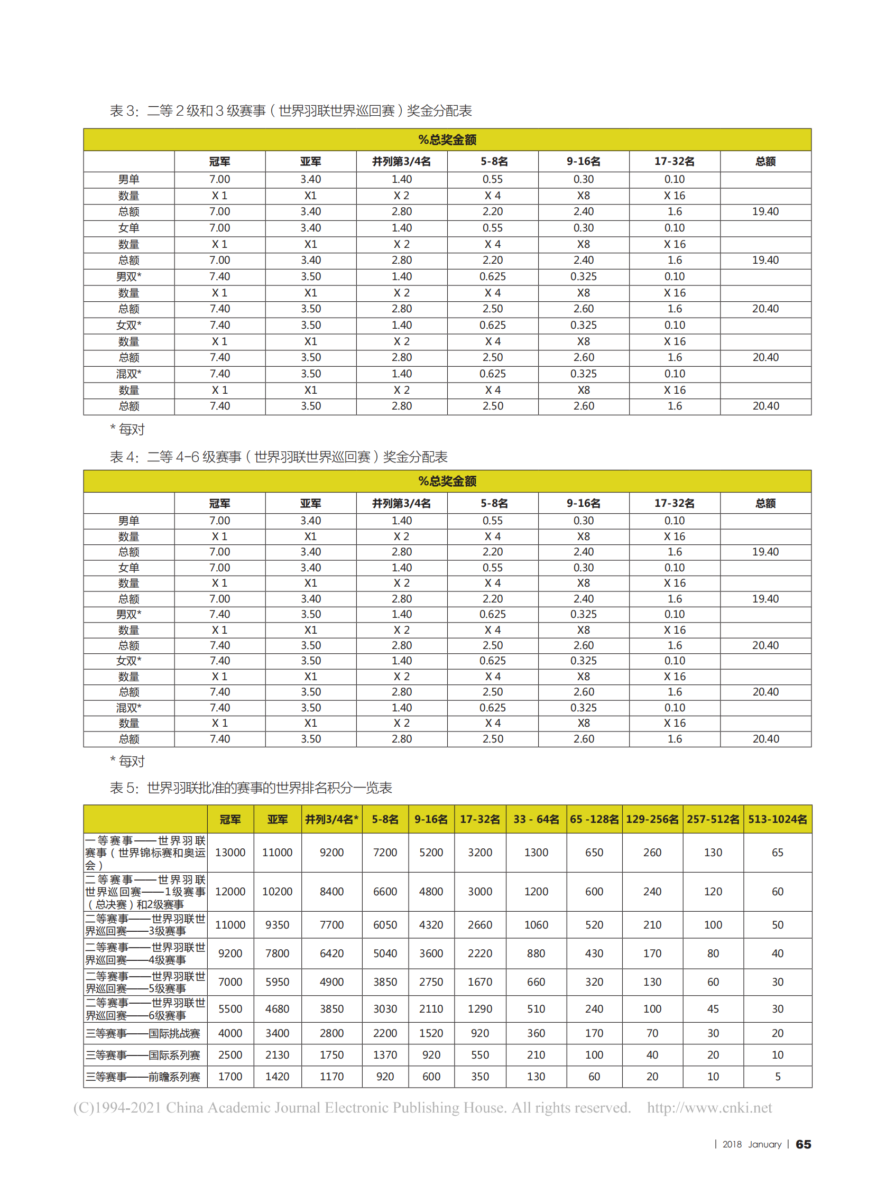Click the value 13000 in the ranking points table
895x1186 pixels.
(x=230, y=853)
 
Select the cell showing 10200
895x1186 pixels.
(x=277, y=892)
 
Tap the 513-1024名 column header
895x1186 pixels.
(x=777, y=819)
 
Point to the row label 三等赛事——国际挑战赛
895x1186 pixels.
(x=143, y=1033)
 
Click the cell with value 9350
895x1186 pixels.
(x=277, y=925)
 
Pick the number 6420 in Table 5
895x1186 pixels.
(x=331, y=953)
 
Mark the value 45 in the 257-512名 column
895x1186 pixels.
(x=713, y=1009)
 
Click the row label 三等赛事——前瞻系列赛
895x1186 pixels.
(x=143, y=1077)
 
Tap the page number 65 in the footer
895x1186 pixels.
(x=803, y=1144)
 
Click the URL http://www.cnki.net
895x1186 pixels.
(x=709, y=1108)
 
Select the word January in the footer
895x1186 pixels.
(x=765, y=1145)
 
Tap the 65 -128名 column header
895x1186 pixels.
(x=594, y=819)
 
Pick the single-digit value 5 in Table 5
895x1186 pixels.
(x=777, y=1077)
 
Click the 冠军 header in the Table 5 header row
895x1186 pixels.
(x=230, y=819)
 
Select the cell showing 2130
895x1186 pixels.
(x=277, y=1054)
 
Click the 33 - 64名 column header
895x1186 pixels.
(x=536, y=819)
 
